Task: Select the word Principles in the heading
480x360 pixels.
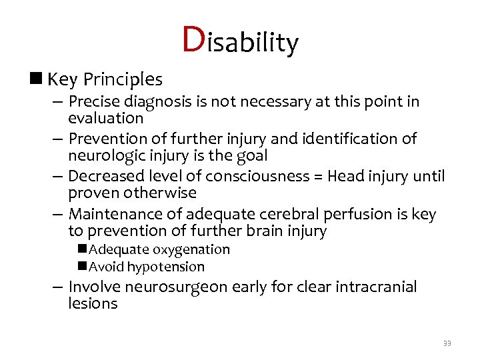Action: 123,80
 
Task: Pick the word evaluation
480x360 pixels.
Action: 105,118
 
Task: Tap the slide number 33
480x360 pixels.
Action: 447,343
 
